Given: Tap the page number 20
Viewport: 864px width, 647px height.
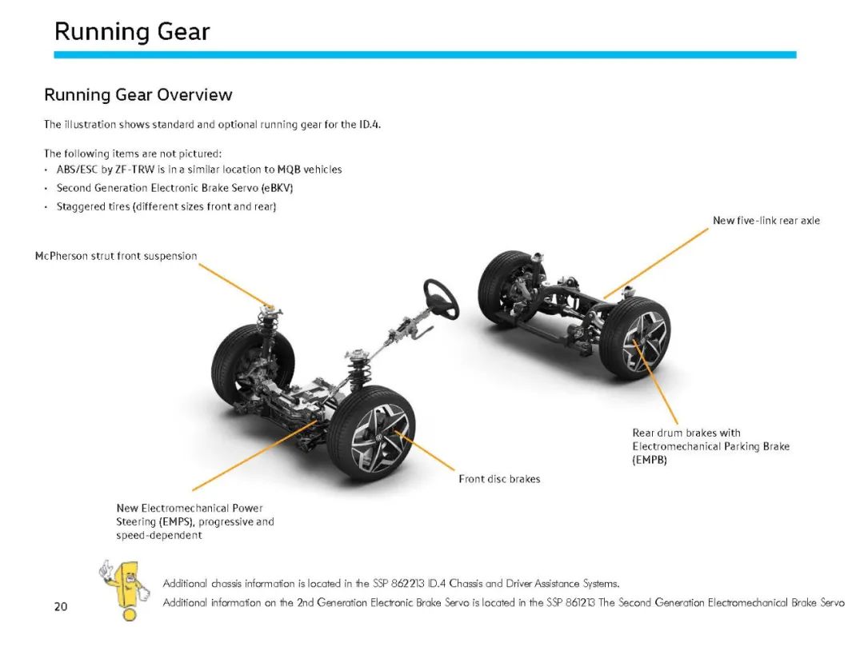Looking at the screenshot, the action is (61, 606).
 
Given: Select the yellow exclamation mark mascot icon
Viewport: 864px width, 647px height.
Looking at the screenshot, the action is (125, 589).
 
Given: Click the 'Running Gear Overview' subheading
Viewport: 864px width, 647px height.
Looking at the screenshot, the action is (138, 94).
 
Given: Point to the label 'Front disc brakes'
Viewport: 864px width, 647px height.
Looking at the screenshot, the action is (499, 479).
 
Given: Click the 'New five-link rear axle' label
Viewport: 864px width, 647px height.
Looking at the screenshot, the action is (766, 220).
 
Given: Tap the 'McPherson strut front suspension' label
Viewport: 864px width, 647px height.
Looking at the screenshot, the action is (116, 256).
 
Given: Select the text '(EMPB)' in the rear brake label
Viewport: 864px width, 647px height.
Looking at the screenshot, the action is (650, 460).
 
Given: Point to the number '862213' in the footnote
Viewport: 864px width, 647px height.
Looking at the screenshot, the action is (407, 583).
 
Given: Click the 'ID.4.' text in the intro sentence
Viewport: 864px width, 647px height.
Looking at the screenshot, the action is (370, 125).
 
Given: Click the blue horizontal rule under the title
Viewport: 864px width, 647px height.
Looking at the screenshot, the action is (425, 54).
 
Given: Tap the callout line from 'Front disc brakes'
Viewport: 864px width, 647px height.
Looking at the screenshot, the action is (426, 451).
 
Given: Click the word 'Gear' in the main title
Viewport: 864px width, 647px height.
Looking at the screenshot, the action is (183, 31).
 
